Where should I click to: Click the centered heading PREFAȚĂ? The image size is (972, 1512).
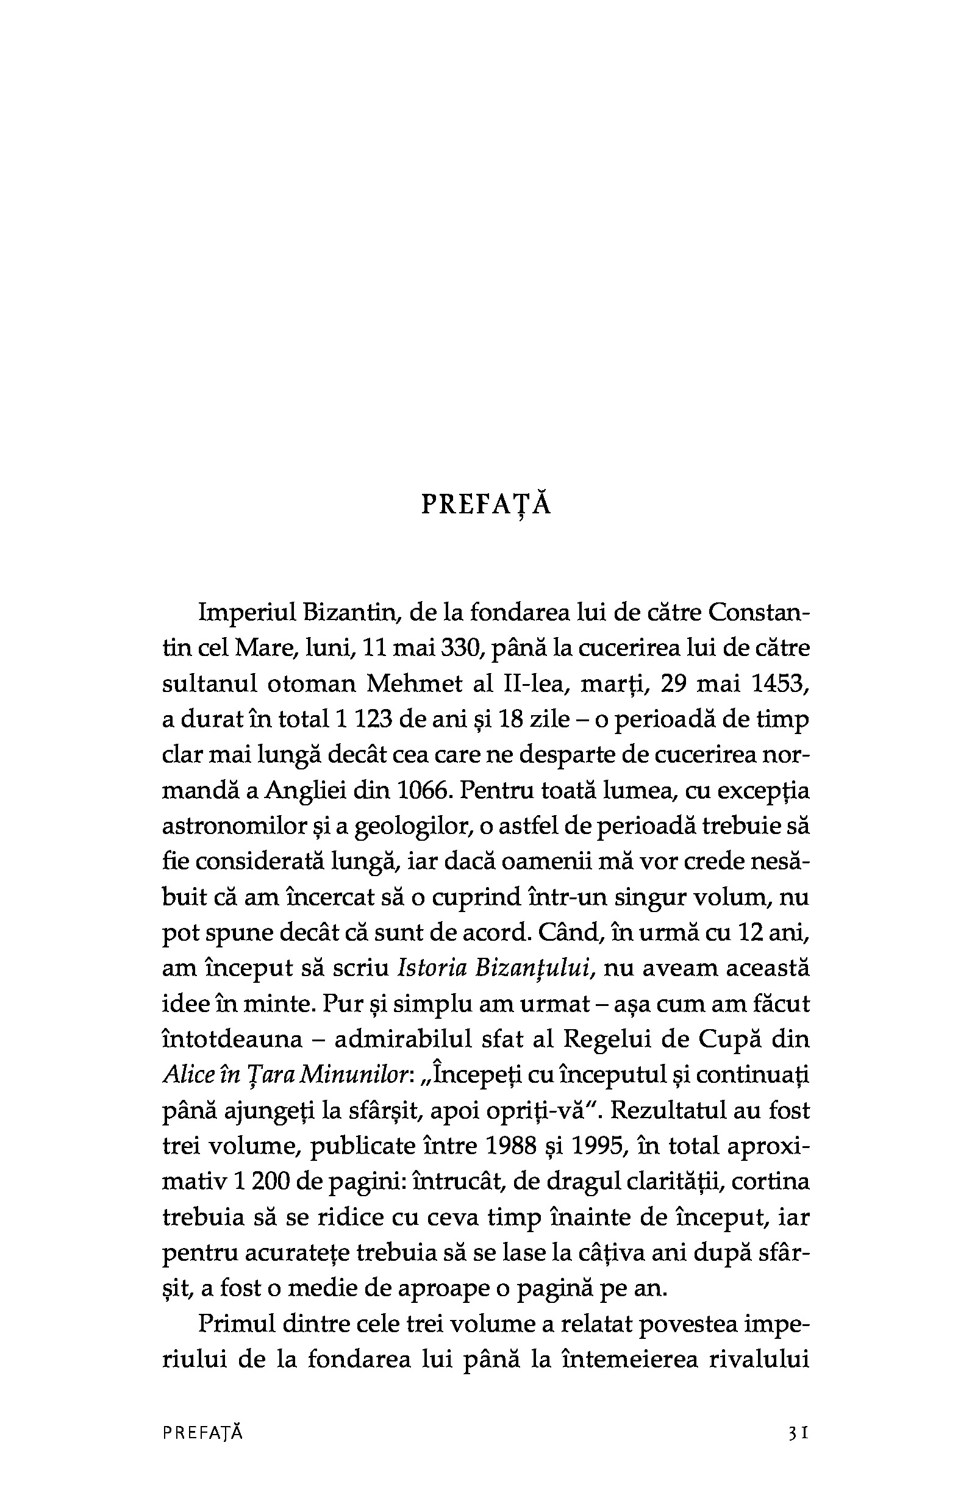tap(486, 505)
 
